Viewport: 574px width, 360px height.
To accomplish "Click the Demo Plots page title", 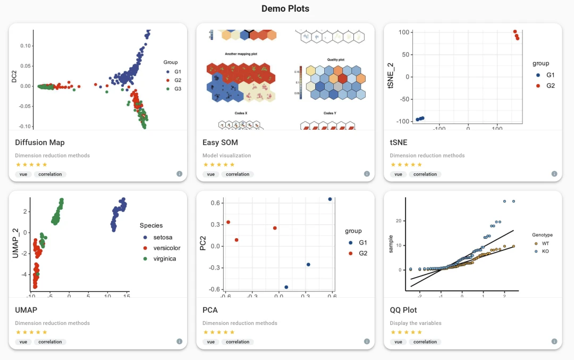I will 285,9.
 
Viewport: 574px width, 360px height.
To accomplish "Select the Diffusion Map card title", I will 40,143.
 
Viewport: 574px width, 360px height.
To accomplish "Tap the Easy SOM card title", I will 220,143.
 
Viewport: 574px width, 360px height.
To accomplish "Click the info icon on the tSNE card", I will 554,174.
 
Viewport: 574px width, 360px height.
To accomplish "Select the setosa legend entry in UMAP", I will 160,237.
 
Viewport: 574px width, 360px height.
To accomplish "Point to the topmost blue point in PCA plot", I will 330,199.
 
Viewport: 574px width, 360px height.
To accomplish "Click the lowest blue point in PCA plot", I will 286,287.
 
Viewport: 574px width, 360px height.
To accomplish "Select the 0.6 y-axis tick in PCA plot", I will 215,203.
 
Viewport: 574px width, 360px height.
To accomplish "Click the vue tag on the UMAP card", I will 23,342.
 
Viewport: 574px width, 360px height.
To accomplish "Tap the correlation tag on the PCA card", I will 237,342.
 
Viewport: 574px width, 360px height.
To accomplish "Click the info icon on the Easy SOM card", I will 367,174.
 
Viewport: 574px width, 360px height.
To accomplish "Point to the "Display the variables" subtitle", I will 415,323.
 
